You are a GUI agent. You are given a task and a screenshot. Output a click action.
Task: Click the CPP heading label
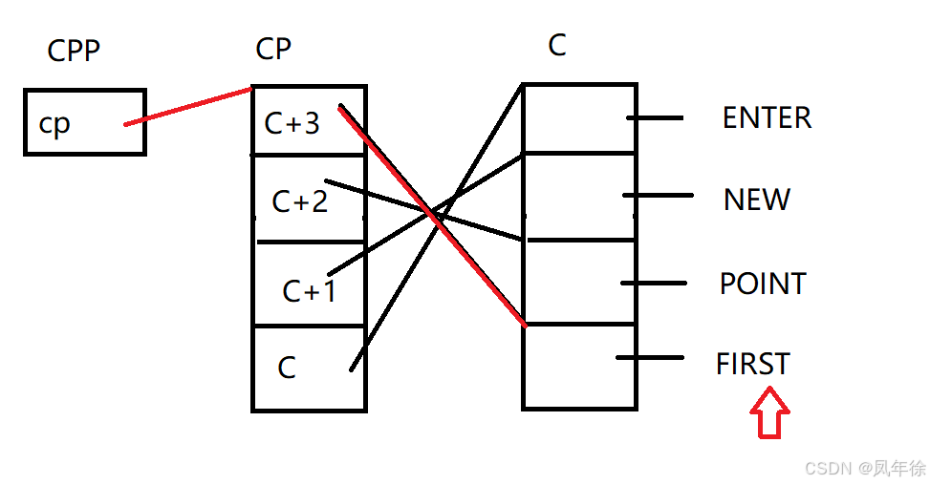pos(74,51)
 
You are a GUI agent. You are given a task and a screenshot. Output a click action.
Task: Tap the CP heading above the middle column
pos(273,49)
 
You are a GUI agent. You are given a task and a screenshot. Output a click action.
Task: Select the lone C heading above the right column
pos(557,45)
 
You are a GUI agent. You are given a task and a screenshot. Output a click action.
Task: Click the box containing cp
pos(84,121)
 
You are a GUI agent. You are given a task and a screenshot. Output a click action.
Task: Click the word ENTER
pos(767,117)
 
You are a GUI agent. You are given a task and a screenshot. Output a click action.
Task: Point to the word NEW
pos(757,200)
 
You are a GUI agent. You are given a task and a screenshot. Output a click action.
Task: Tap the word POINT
pos(763,284)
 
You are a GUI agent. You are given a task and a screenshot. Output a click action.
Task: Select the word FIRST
pos(753,364)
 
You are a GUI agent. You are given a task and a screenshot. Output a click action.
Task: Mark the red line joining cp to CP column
pos(187,106)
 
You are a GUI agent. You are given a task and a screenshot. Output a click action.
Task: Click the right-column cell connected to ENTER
pos(579,118)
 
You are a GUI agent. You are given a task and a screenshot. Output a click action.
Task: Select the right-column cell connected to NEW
pos(579,196)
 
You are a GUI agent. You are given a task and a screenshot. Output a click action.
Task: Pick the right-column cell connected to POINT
pos(579,283)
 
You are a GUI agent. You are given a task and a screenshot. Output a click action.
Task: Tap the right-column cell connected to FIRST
pos(579,366)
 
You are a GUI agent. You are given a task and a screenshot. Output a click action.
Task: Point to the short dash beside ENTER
pos(656,118)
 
